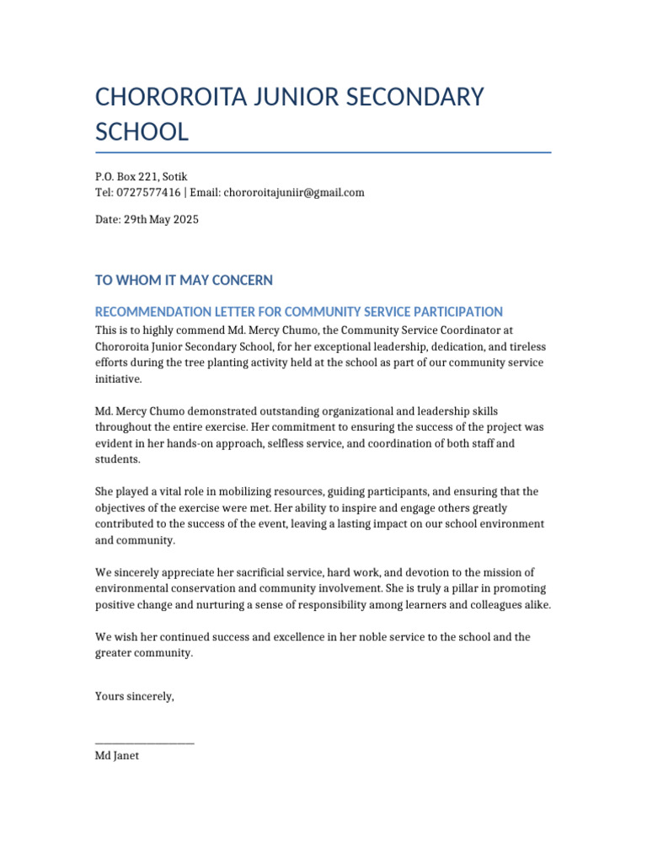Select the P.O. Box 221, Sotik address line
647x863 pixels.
coord(141,177)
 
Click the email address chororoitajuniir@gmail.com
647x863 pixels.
coord(294,192)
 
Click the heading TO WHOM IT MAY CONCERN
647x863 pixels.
coord(184,280)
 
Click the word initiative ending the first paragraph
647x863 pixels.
coord(117,379)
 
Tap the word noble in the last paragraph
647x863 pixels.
coord(350,637)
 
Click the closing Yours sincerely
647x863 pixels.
coord(135,696)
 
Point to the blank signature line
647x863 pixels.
coord(144,742)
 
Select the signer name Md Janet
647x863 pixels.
coord(117,756)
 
